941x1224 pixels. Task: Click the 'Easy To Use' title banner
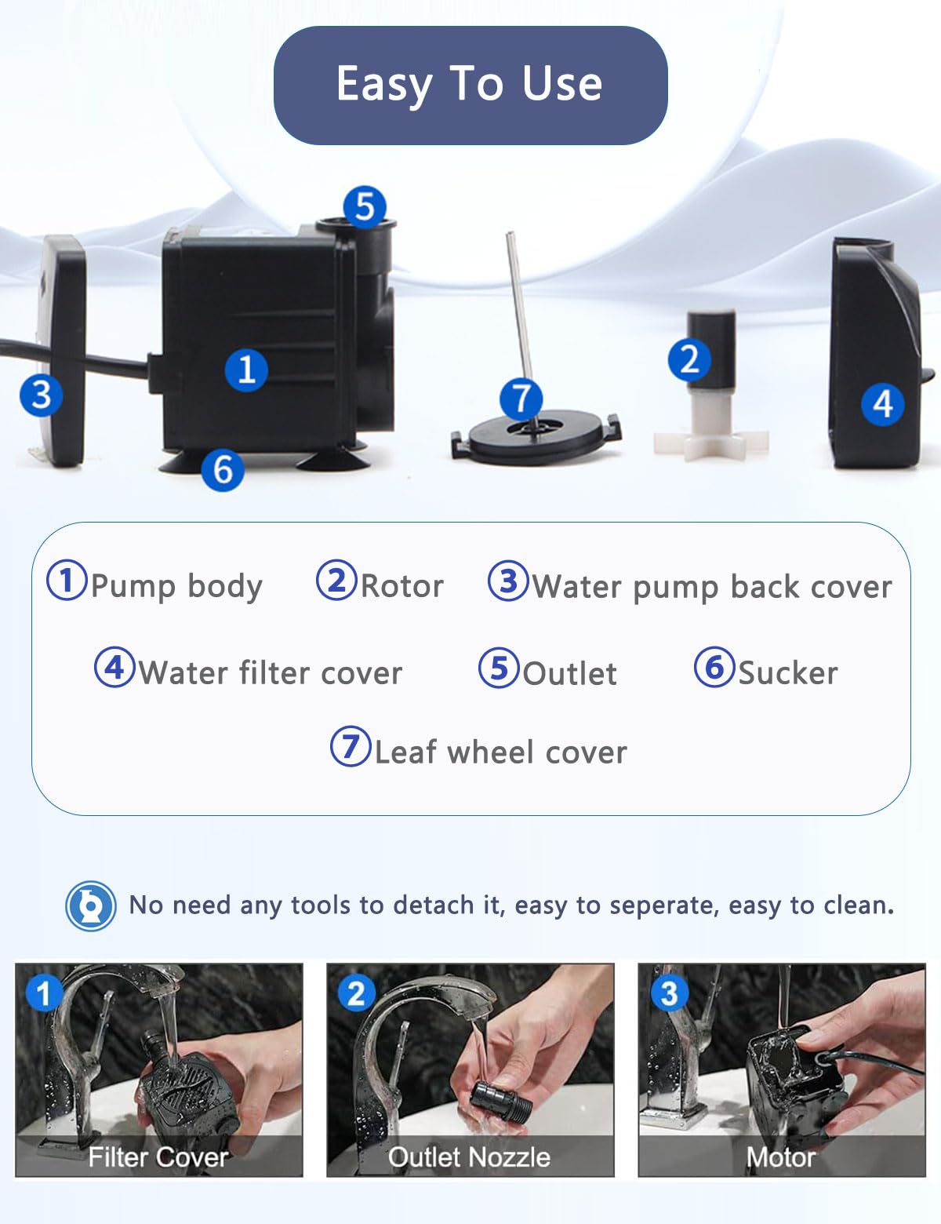[x=470, y=85]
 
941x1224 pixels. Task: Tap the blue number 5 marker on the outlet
[x=365, y=207]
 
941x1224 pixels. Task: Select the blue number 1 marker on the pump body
[x=246, y=370]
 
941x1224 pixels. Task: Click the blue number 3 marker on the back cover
[x=41, y=394]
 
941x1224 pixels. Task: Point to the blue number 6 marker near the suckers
[x=223, y=470]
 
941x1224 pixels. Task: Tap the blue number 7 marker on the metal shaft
[x=521, y=399]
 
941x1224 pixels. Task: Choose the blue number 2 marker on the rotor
[x=689, y=360]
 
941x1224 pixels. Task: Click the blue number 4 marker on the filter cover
[x=882, y=405]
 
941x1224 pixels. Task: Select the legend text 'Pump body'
[x=176, y=586]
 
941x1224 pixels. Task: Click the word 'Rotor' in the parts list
[x=401, y=586]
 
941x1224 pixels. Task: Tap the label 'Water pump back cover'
[x=712, y=586]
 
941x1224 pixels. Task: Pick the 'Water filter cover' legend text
[x=271, y=672]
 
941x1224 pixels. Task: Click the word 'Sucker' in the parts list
[x=788, y=672]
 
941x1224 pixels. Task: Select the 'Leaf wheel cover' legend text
[x=500, y=752]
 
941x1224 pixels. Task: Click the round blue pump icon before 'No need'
[x=91, y=905]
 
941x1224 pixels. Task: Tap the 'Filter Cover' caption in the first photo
[x=158, y=1157]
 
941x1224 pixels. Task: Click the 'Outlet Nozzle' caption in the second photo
[x=469, y=1157]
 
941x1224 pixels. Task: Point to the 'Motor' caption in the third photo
[x=781, y=1157]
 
